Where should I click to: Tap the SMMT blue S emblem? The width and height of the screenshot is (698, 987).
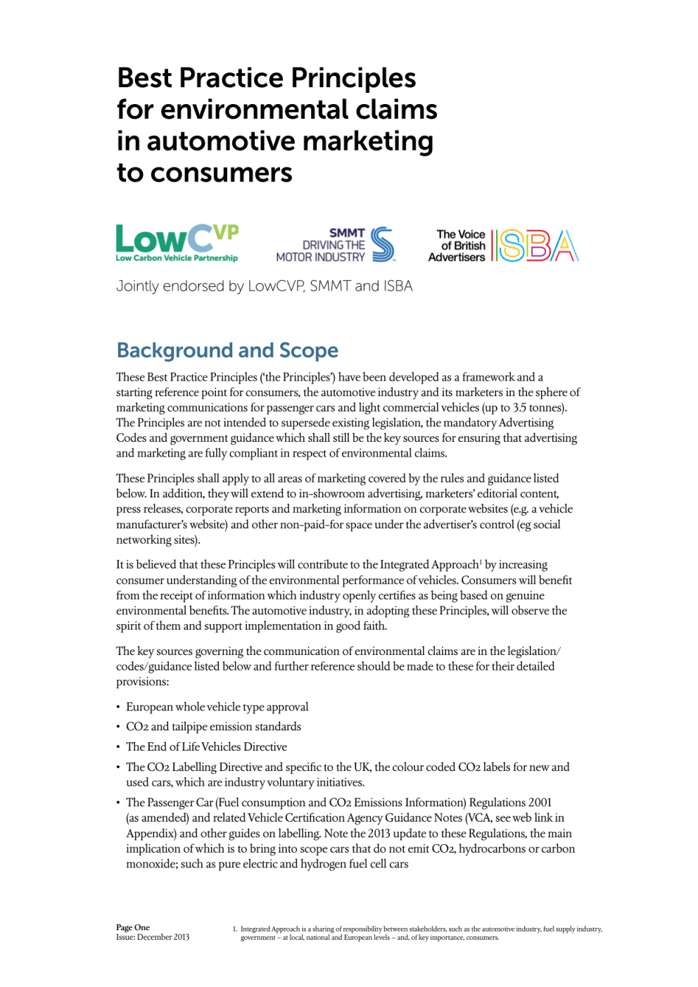[383, 244]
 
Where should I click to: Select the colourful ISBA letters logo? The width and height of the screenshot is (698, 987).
[535, 246]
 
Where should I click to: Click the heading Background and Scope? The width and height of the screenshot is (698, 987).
[227, 350]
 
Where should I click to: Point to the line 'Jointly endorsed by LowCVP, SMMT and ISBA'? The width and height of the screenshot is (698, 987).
[264, 286]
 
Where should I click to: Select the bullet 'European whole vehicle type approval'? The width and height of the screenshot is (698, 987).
[217, 707]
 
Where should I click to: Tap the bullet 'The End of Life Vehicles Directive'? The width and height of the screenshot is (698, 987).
[206, 747]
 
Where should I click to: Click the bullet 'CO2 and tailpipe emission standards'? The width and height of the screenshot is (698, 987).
[213, 727]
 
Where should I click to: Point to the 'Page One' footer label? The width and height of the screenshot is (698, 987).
[133, 927]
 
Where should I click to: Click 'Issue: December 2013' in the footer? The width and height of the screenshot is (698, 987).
[153, 937]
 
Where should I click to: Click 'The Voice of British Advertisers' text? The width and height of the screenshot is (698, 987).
[457, 246]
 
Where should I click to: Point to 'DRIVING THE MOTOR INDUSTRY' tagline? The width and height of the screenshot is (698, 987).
[321, 251]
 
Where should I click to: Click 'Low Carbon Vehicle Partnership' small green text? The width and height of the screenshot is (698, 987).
[177, 258]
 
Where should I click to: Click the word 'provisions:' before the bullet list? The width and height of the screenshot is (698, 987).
[143, 682]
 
